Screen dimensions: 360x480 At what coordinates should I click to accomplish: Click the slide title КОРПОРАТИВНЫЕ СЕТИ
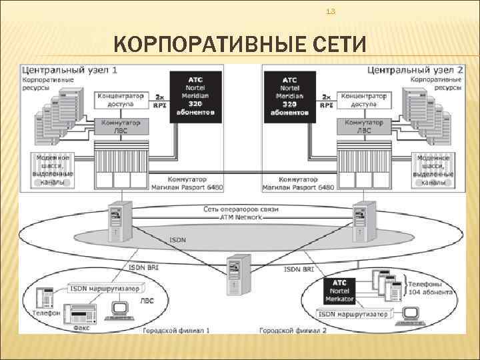pyautogui.click(x=240, y=45)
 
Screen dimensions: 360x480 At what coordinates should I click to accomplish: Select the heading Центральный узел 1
pyautogui.click(x=70, y=70)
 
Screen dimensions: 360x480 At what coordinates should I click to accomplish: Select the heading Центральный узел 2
pyautogui.click(x=416, y=70)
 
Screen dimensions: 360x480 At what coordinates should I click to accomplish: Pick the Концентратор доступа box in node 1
pyautogui.click(x=124, y=99)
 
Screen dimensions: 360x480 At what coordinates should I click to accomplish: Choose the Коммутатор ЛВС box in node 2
pyautogui.click(x=364, y=127)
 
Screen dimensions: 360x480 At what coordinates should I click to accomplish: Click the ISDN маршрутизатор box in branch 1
pyautogui.click(x=105, y=289)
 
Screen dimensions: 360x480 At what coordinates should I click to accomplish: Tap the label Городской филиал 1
pyautogui.click(x=175, y=329)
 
